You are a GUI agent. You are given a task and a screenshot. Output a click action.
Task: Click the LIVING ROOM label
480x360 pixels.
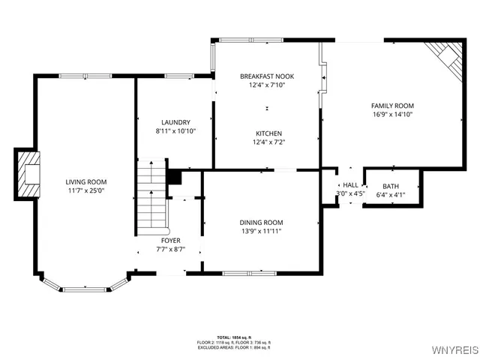tap(85, 181)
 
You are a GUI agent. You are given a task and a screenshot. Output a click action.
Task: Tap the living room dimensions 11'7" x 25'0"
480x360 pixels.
tap(85, 190)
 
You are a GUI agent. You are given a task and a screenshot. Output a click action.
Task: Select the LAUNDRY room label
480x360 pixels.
tap(175, 122)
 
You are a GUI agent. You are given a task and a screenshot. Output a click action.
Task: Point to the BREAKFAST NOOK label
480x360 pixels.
tap(262, 76)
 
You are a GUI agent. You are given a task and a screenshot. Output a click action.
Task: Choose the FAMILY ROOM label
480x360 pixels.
tap(392, 106)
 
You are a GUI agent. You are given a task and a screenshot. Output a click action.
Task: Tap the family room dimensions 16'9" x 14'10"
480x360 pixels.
tap(392, 115)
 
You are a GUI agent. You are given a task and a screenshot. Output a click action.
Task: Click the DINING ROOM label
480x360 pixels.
tap(261, 222)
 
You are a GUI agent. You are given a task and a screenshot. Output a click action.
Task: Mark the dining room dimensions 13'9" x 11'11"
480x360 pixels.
tap(261, 231)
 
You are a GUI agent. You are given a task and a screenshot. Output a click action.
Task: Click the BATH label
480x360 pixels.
tap(391, 186)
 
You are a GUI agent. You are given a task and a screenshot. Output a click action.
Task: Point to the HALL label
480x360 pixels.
tap(350, 184)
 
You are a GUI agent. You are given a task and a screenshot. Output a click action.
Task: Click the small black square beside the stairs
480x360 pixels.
tap(174, 177)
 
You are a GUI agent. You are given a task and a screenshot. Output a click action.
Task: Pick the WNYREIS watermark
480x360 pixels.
tap(454, 350)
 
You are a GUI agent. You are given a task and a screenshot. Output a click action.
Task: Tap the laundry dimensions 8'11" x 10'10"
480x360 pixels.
tap(175, 131)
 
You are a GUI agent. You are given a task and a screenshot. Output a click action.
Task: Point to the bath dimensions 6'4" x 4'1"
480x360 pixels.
tap(391, 194)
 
